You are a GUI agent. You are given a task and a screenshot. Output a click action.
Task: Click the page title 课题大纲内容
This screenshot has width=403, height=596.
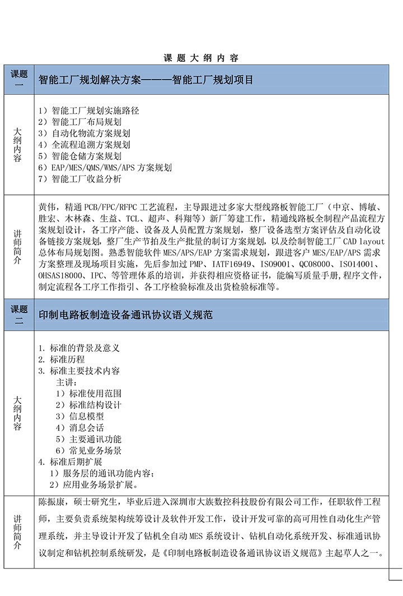point(201,58)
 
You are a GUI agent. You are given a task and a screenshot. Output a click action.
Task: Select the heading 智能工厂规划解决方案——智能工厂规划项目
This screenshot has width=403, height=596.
point(146,80)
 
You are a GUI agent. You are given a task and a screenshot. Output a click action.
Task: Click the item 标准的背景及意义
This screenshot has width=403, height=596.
point(79,348)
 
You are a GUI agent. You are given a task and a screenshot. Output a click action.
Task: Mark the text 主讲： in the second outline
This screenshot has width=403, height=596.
point(68,382)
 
